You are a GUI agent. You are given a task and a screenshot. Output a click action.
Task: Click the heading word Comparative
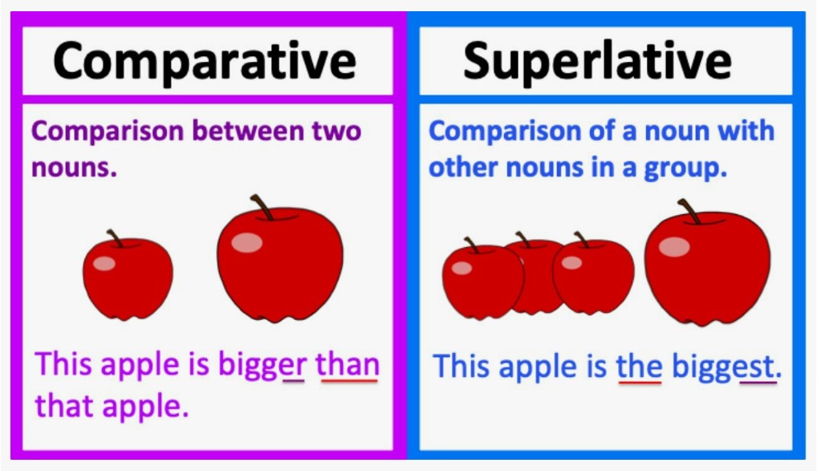[x=205, y=61]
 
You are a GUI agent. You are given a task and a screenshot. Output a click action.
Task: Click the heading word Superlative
[x=598, y=61]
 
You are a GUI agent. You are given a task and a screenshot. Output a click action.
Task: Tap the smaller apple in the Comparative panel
[x=128, y=277]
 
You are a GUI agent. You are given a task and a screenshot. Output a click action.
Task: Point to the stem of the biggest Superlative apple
[x=689, y=211]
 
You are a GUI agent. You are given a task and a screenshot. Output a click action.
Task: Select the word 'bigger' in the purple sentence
[x=262, y=366]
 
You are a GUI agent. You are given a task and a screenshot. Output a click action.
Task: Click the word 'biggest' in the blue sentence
[x=726, y=367]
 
